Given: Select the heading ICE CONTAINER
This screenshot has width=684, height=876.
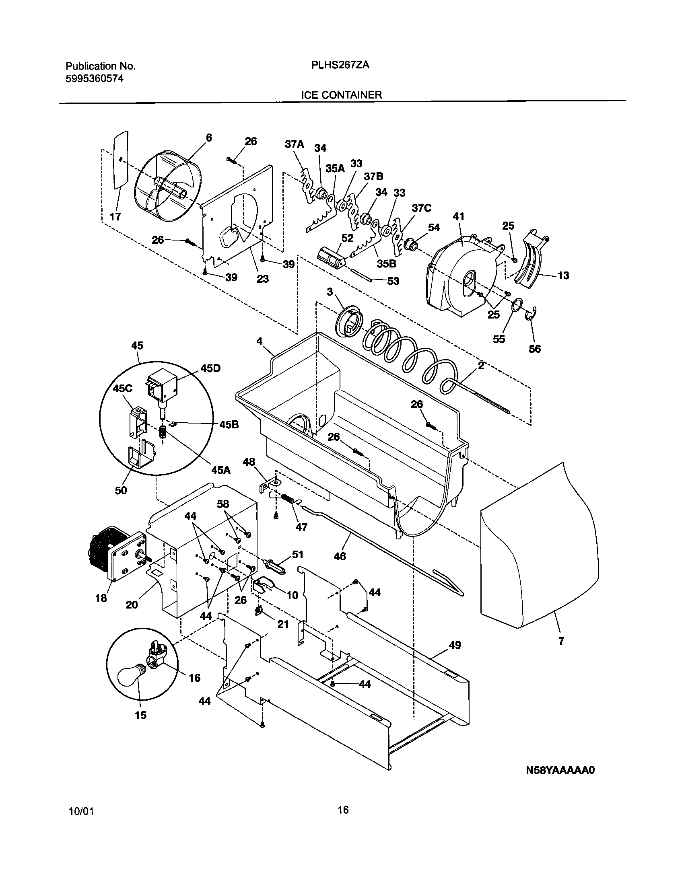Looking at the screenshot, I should click(x=341, y=95).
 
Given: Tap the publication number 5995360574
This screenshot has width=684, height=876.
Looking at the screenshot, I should click(x=94, y=79).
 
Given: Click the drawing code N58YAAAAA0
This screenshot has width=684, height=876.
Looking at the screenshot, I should click(x=560, y=781).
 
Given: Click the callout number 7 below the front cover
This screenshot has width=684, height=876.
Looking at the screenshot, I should click(x=561, y=641).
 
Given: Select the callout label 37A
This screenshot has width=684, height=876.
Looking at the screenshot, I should click(x=295, y=144).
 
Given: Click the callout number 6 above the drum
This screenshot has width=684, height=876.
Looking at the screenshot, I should click(x=208, y=138).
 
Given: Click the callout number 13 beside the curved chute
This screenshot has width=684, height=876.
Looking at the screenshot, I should click(x=563, y=276).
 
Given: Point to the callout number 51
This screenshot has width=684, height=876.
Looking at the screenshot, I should click(x=297, y=555).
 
